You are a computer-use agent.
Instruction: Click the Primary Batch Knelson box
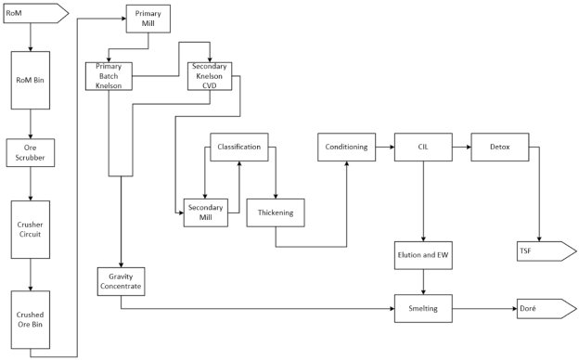109,77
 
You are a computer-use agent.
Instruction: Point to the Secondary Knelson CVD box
210,77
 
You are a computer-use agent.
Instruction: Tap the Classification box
239,148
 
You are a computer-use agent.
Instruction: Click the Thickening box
276,213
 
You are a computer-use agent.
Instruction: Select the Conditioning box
347,148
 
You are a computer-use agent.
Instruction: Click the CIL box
423,148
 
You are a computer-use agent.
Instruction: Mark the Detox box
499,148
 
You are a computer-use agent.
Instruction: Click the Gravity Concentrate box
122,281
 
